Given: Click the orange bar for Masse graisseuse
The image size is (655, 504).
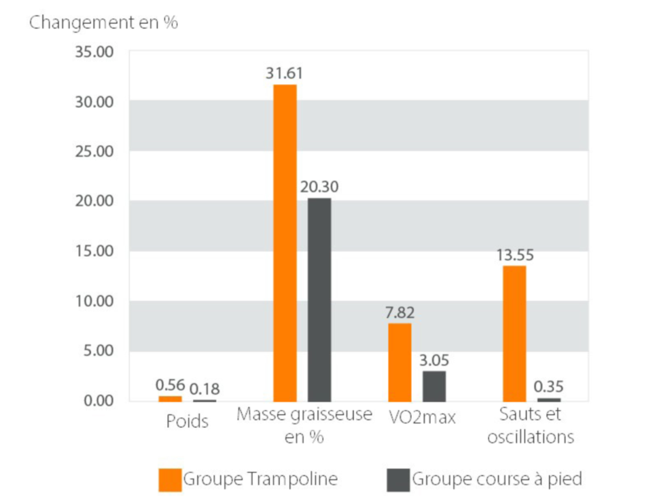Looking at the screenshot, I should tap(285, 243).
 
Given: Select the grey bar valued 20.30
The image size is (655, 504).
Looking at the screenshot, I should tap(319, 300).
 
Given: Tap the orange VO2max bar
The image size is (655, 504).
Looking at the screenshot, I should tap(400, 362).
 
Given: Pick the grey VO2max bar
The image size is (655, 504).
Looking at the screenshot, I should tap(434, 386).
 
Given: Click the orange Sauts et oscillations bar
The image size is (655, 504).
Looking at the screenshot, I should tap(514, 333).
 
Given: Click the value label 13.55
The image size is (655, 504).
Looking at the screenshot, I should tap(515, 256).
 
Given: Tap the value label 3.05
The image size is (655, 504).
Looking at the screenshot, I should tap(434, 361).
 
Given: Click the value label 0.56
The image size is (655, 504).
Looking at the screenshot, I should tap(170, 385).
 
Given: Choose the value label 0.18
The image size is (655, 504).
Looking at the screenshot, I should tap(205, 388).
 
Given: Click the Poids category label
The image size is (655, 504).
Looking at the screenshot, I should tap(187, 422).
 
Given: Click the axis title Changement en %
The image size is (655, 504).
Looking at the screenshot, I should tap(104, 23).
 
